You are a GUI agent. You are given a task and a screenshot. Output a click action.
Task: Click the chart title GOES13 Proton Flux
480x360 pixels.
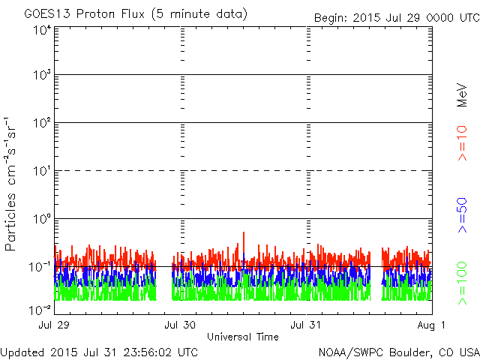tap(135, 13)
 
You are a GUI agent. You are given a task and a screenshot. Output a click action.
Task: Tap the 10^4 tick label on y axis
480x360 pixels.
tap(41, 30)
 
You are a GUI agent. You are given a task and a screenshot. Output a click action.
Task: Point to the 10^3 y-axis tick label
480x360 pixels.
tap(41, 75)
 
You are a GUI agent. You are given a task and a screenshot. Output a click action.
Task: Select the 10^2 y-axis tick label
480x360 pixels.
tap(41, 122)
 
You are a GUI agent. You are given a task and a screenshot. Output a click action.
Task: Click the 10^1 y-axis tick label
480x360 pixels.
tap(41, 170)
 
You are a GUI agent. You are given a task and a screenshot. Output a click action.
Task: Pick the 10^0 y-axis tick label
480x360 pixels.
tap(41, 218)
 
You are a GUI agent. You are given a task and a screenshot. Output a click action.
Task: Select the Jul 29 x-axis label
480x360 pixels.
tap(55, 325)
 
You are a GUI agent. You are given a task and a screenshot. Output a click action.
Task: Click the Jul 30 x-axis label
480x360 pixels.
tap(181, 325)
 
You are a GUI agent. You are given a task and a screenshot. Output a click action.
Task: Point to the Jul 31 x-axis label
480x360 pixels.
tap(307, 325)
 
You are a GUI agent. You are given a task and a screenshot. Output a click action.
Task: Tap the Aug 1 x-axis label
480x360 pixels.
tap(433, 325)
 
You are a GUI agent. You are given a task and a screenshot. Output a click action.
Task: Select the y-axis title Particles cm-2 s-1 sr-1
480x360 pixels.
tap(13, 184)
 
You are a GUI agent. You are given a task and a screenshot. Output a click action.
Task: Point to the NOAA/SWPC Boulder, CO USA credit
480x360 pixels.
tap(397, 352)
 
